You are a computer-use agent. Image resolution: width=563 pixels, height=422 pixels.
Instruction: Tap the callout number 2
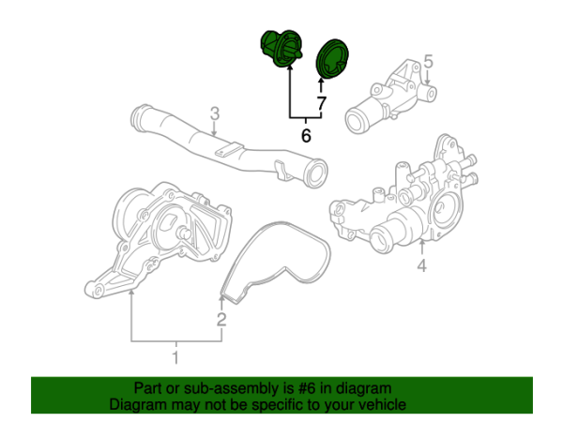[222, 321]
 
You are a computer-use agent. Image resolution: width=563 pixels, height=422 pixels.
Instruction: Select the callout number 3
[214, 114]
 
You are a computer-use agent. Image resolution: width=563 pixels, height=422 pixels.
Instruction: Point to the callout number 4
[421, 268]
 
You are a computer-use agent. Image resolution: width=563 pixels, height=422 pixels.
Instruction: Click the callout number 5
[428, 62]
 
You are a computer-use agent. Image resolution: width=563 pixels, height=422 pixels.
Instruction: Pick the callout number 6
[305, 136]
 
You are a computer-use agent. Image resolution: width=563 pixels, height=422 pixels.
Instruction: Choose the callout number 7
[321, 103]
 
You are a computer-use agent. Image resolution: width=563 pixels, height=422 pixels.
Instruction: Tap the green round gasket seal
[329, 58]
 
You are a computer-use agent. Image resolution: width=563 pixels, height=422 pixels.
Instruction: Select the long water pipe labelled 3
[225, 145]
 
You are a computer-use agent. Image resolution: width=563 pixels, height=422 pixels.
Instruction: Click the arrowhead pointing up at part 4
[421, 243]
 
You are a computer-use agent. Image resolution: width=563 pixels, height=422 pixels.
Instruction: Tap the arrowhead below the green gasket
[321, 83]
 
